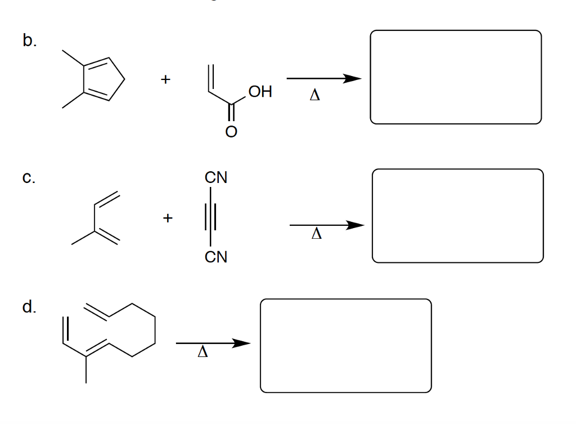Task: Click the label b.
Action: [29, 40]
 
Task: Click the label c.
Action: [29, 177]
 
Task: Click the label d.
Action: [29, 306]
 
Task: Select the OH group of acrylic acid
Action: [260, 92]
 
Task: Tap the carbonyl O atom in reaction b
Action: [231, 131]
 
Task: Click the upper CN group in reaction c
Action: [216, 177]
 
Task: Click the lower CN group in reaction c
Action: [216, 257]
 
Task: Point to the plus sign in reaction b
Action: [166, 79]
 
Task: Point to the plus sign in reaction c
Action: [168, 218]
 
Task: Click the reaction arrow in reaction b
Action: [324, 78]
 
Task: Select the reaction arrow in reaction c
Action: [327, 225]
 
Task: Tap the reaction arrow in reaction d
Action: [213, 343]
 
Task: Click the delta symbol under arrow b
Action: [315, 95]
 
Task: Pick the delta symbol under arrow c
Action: [317, 234]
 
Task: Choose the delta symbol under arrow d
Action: [202, 351]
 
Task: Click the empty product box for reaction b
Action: [456, 31]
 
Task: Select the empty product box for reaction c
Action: [457, 169]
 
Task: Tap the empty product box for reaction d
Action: [346, 300]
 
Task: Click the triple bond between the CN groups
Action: [210, 217]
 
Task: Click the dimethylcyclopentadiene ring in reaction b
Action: [124, 79]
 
